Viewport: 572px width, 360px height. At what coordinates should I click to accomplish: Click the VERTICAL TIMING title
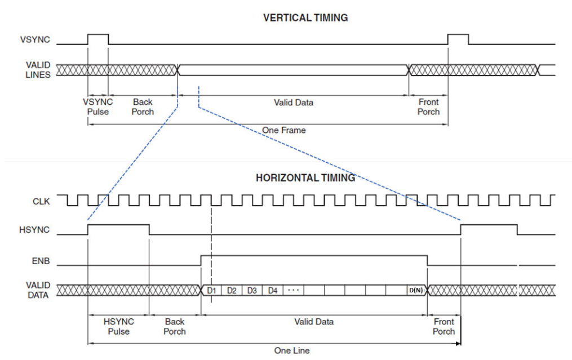(x=305, y=18)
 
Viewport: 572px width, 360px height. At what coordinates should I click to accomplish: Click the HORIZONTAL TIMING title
(x=305, y=178)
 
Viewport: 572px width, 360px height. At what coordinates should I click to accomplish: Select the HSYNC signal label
(x=36, y=230)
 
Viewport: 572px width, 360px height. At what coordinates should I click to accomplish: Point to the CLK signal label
(x=41, y=201)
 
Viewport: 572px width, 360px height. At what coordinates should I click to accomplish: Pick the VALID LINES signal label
(x=38, y=70)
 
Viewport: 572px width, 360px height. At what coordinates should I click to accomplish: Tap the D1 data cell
(x=211, y=290)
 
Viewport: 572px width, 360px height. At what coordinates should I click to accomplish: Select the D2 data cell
(x=231, y=290)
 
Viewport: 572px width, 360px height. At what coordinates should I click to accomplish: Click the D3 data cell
(x=252, y=290)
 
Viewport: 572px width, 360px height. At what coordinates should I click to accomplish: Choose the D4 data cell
(x=273, y=290)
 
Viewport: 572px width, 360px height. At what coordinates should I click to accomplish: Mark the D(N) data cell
(x=416, y=290)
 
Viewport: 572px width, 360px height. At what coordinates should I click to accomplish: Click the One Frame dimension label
(x=284, y=130)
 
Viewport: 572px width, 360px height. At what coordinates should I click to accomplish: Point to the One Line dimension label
(x=291, y=350)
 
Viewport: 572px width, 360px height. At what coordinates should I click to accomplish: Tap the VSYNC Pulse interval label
(x=98, y=106)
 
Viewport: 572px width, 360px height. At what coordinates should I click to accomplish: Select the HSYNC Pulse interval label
(x=118, y=326)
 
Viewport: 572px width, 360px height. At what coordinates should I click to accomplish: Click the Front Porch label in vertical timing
(x=428, y=106)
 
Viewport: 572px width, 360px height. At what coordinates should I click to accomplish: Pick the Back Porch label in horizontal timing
(x=175, y=326)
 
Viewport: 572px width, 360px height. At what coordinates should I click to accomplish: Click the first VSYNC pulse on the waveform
(x=98, y=38)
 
